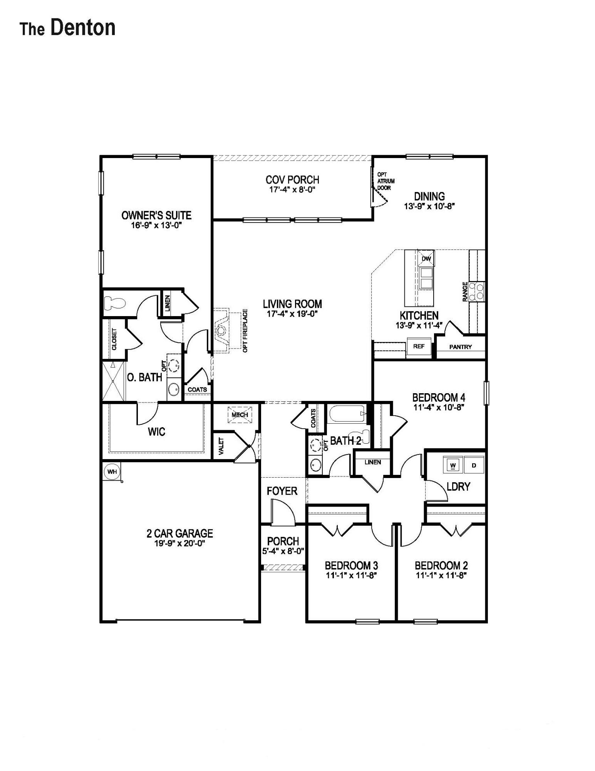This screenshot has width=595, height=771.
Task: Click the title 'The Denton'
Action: [68, 28]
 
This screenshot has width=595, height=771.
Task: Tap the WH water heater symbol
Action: [112, 471]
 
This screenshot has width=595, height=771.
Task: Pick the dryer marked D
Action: [474, 465]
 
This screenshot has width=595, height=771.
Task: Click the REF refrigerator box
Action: [419, 346]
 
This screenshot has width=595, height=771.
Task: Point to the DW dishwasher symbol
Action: [426, 258]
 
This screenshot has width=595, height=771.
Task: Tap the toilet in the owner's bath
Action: [114, 303]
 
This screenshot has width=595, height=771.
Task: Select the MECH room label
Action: [240, 415]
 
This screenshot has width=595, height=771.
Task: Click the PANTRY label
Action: [460, 347]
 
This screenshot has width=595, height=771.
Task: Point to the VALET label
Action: [221, 446]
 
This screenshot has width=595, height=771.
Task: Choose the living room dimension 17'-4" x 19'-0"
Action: [292, 314]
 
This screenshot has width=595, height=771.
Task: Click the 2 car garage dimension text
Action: [180, 544]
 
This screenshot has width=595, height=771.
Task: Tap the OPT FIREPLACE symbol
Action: [223, 330]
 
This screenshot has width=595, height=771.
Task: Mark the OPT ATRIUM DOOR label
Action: [385, 181]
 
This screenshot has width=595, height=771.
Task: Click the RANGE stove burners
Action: [480, 291]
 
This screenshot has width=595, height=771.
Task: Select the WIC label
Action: [156, 432]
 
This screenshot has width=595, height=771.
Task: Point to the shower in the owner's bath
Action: [113, 381]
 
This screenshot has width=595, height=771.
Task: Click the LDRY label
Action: [458, 487]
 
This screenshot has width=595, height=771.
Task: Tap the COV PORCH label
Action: [292, 180]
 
